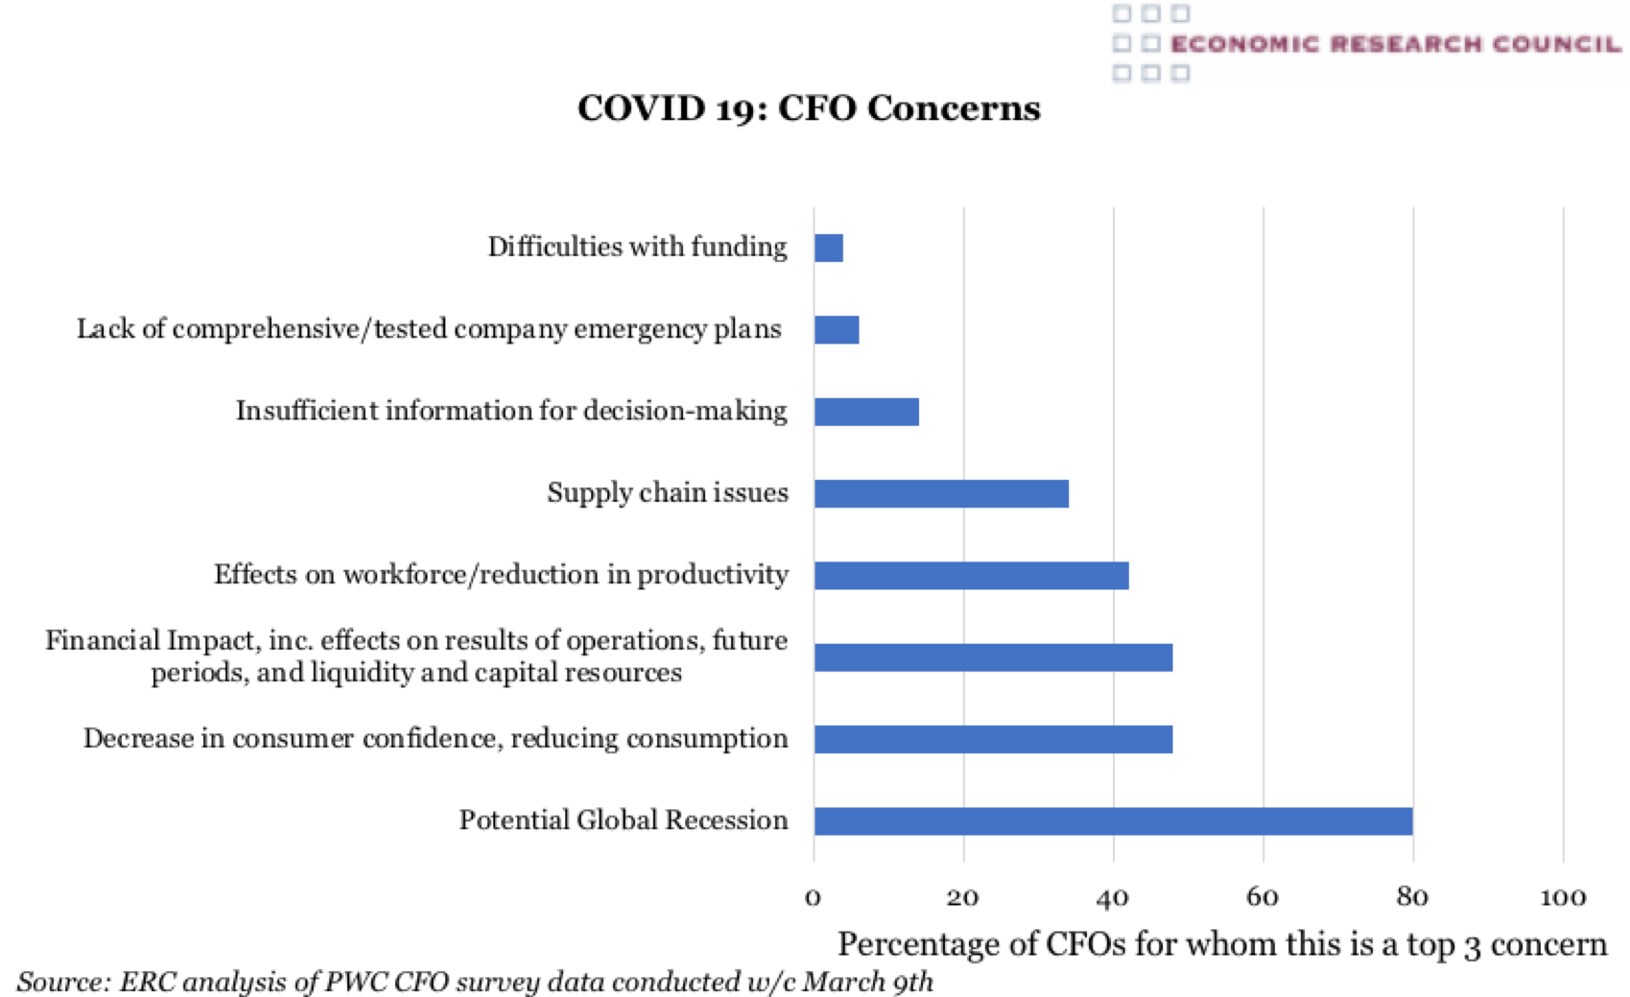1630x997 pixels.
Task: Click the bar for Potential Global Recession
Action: [x=1113, y=821]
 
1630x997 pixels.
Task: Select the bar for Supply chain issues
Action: [x=941, y=494]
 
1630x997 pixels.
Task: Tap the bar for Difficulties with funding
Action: [x=829, y=249]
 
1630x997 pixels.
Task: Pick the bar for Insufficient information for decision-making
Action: [x=866, y=412]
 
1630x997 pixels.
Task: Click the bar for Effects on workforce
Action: [x=971, y=576]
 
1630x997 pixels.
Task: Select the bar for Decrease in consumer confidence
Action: [x=993, y=740]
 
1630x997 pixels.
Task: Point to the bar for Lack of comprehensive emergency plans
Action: [x=837, y=330]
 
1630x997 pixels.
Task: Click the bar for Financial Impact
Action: [x=993, y=657]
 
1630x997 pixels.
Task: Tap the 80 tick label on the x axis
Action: [x=1412, y=897]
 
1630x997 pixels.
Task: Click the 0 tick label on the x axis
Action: [x=814, y=897]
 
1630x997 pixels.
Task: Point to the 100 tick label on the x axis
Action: [x=1562, y=897]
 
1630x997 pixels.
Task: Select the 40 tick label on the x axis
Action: [x=1113, y=897]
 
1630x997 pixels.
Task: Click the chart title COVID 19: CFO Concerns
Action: [x=809, y=108]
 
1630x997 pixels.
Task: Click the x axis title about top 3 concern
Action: [x=1221, y=944]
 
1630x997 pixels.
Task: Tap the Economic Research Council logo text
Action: [x=1396, y=44]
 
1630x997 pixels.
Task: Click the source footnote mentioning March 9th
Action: [x=475, y=982]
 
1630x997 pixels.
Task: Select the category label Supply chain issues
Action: [x=668, y=493]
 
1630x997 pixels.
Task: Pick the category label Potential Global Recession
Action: [x=624, y=820]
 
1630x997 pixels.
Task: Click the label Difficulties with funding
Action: [x=637, y=248]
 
